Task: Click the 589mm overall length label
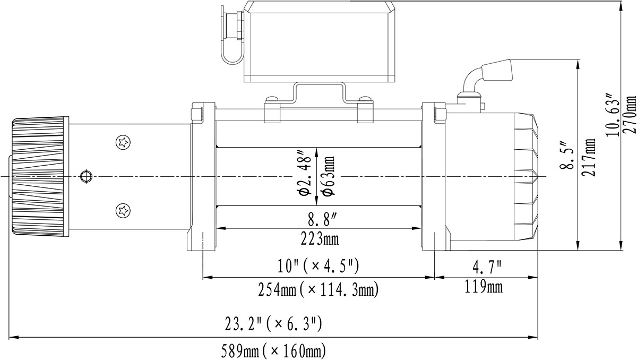[x=273, y=350]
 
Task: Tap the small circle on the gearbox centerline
[x=85, y=176]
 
